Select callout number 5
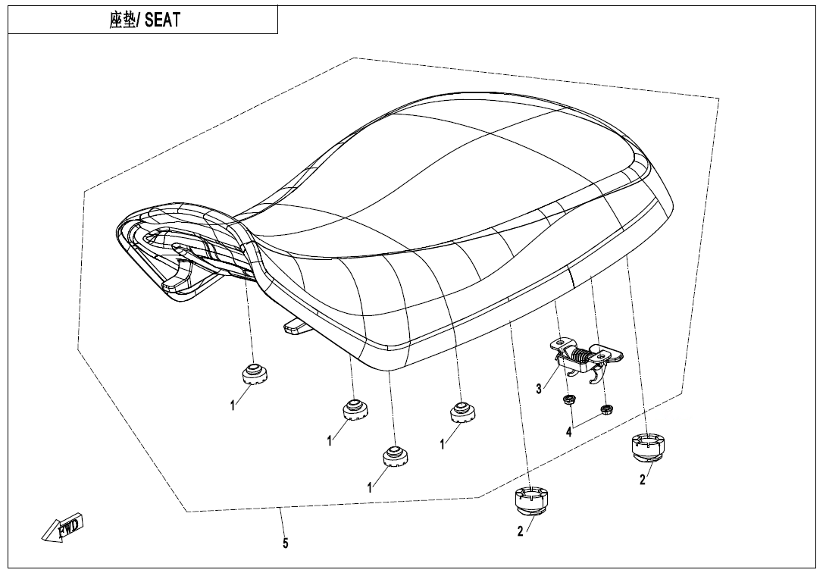pos(285,543)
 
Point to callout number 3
pos(539,389)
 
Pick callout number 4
pos(568,432)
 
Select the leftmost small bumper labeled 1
pos(254,374)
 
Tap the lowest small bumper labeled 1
pos(394,455)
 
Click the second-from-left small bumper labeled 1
pos(353,410)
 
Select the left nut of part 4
pos(567,399)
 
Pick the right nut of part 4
pos(605,410)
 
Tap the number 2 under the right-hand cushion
pos(643,479)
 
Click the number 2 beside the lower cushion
pos(520,532)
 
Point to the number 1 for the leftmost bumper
pos(233,406)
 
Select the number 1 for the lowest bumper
pos(370,488)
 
